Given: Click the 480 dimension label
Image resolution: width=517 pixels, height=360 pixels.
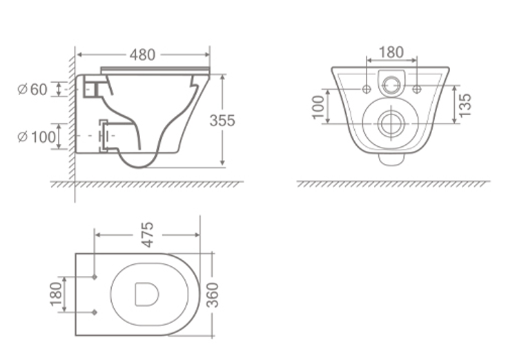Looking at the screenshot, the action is [142, 55].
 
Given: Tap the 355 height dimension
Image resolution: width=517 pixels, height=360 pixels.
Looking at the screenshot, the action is [222, 121].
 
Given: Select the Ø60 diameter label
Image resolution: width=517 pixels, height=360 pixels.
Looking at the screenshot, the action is [32, 89].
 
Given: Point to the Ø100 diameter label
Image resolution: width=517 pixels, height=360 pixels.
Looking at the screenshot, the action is [37, 137].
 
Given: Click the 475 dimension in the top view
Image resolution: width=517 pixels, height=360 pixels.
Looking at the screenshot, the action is [148, 234].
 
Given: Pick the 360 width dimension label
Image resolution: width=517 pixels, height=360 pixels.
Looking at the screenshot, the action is [213, 294].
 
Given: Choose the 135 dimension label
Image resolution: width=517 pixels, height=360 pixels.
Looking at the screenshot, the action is [465, 106].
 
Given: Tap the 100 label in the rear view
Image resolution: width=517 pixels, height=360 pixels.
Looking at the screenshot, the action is [318, 107].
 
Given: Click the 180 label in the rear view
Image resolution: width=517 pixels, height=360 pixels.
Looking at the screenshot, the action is [391, 52].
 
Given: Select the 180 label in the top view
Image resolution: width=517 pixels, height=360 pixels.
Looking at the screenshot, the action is [56, 294].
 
